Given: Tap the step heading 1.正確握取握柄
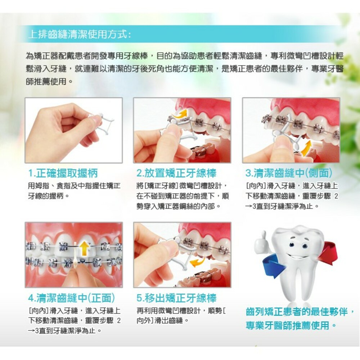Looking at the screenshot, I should point(63,173).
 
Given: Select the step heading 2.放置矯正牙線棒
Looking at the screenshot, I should point(176,173).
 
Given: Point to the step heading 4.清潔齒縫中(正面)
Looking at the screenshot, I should point(72,298).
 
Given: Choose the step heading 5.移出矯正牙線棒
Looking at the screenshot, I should point(176,298).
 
